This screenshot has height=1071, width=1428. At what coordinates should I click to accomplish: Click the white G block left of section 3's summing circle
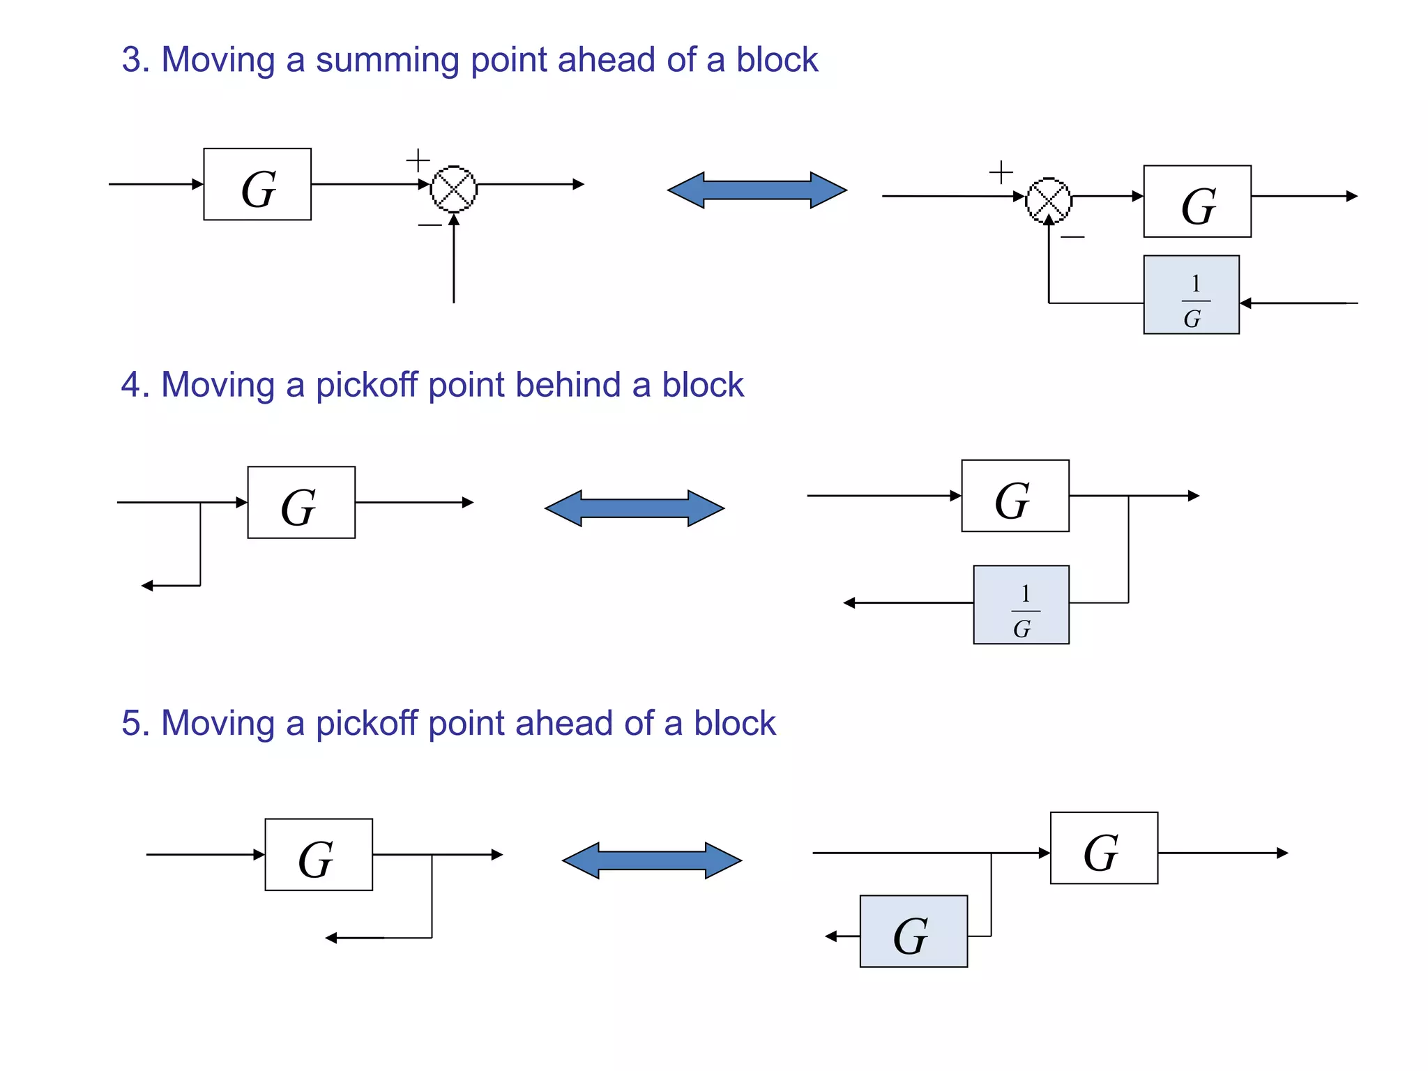tap(257, 185)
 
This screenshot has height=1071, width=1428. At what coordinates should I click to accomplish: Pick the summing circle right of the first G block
tap(454, 188)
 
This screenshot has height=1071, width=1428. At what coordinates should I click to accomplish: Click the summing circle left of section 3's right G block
tap(1049, 201)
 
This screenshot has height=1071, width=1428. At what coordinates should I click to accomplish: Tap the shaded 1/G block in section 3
tap(1191, 295)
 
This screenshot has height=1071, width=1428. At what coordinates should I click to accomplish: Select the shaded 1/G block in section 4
tap(1021, 605)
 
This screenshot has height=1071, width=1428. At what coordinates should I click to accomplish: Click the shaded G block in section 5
tap(913, 932)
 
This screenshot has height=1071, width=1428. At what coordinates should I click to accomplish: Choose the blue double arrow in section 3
tap(757, 190)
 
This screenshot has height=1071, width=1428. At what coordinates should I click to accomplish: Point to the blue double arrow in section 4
tap(635, 508)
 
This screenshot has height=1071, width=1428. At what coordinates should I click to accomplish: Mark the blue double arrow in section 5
tap(652, 860)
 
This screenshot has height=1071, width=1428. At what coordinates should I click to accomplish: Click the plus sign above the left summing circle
tap(418, 160)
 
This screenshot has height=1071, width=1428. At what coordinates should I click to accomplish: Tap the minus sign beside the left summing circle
tap(430, 225)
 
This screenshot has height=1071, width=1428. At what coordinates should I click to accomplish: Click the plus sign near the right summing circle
tap(1001, 172)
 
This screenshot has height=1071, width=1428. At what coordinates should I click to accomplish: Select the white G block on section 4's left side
tap(301, 503)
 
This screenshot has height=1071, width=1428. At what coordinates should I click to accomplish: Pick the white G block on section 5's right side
tap(1104, 849)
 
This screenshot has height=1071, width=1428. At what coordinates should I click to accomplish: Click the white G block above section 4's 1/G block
tap(1015, 496)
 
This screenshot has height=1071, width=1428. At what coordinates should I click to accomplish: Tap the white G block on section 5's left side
tap(319, 855)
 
